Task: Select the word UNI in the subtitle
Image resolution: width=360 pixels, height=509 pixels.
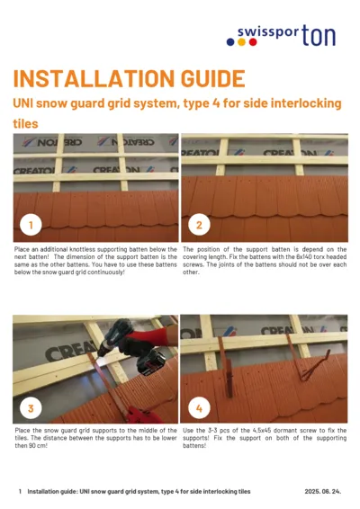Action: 24,104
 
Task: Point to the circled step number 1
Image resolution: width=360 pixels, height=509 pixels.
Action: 31,224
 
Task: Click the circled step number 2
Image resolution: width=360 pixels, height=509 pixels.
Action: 199,224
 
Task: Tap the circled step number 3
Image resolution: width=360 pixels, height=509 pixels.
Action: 31,408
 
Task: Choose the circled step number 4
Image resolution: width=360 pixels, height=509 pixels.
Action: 199,408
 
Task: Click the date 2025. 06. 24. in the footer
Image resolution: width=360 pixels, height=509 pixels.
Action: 325,492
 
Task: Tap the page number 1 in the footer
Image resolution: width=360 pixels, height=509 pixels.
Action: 20,492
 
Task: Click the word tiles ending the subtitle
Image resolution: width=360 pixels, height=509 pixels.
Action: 25,123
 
